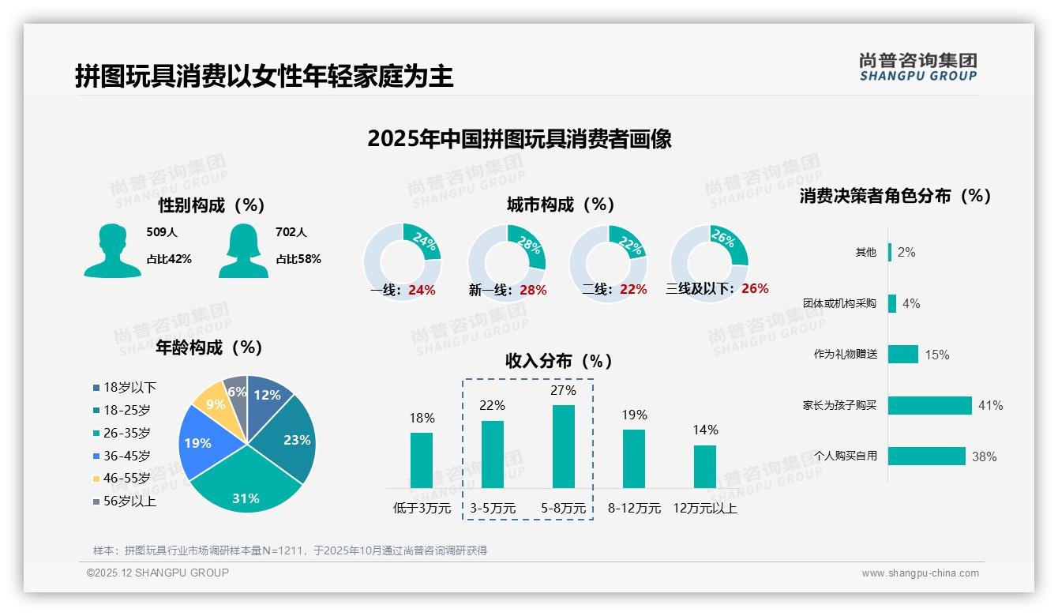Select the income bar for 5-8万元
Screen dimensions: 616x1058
(563, 446)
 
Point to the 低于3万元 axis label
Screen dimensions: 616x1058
(421, 509)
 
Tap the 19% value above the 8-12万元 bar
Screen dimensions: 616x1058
(634, 415)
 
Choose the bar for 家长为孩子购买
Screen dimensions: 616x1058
(929, 405)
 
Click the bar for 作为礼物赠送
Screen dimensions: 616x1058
(902, 354)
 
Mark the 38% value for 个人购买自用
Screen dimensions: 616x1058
(984, 456)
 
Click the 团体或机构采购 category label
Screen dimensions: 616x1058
(839, 303)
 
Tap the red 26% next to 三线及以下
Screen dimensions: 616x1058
(755, 288)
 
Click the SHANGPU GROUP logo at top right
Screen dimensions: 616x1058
(917, 67)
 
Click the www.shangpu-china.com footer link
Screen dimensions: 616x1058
(920, 573)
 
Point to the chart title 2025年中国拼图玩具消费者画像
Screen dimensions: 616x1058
(519, 139)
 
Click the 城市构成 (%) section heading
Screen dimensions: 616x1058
(560, 205)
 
